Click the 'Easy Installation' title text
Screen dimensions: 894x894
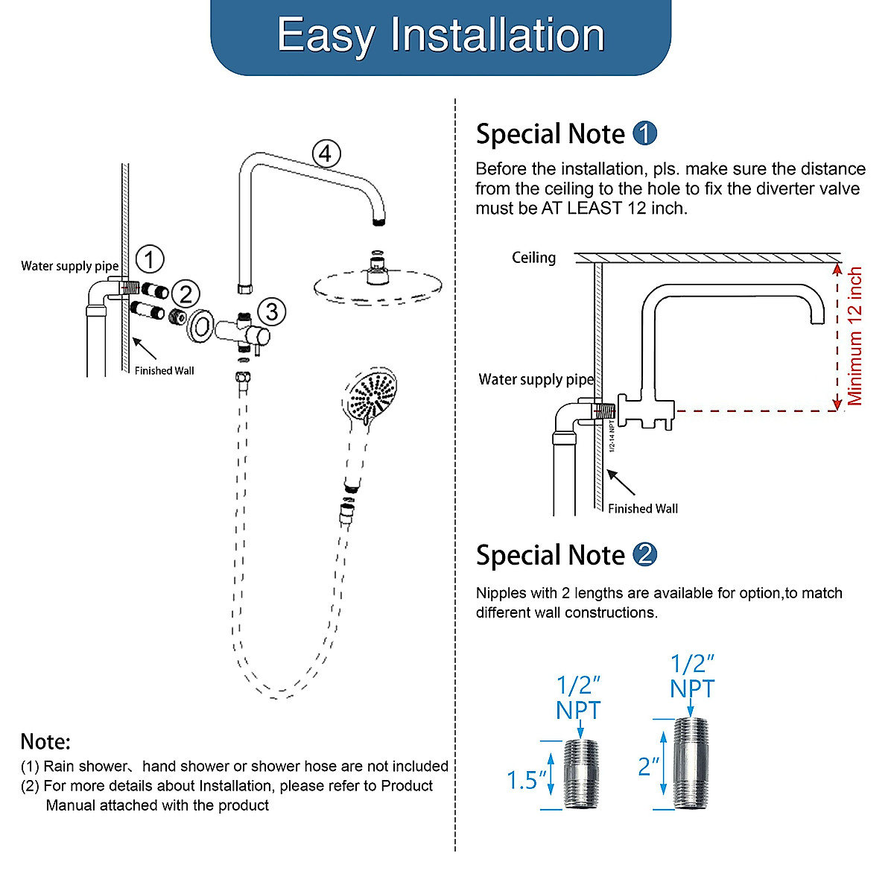tap(440, 35)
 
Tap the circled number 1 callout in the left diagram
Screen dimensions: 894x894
tap(150, 259)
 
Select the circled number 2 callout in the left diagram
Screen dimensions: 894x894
tap(186, 294)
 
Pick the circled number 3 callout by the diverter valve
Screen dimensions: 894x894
tap(272, 311)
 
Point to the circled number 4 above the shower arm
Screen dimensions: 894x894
tap(326, 153)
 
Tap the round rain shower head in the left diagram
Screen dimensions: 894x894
tap(378, 285)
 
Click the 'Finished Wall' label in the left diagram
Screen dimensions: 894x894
tap(164, 370)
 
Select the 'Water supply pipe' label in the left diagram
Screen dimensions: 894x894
tap(69, 266)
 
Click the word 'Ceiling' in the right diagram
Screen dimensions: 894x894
tap(533, 258)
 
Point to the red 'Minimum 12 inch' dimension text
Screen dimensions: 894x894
tap(855, 336)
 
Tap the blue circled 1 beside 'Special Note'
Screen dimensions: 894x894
tap(644, 134)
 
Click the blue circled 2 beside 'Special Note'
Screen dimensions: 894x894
tap(644, 555)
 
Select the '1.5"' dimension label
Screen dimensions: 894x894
tap(526, 780)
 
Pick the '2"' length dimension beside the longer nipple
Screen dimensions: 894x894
tap(648, 767)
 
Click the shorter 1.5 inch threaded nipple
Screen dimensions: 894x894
tap(581, 774)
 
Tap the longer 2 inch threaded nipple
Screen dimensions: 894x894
tap(691, 764)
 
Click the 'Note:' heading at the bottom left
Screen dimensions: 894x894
tap(45, 741)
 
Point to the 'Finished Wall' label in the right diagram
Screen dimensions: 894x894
tap(643, 509)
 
